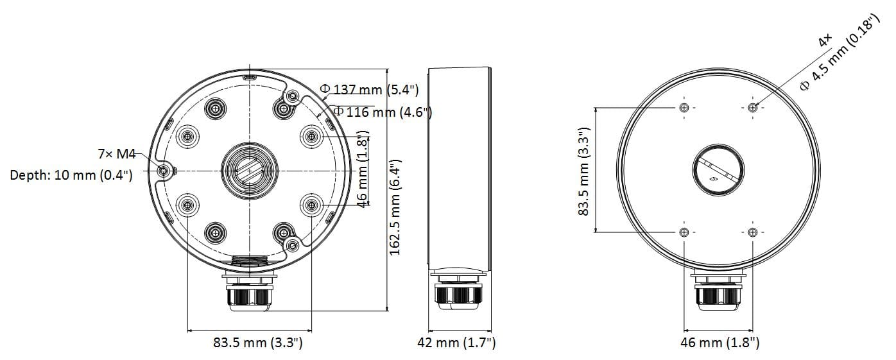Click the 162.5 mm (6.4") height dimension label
pyautogui.click(x=395, y=207)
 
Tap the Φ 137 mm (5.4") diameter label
pyautogui.click(x=370, y=89)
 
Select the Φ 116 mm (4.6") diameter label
pyautogui.click(x=383, y=112)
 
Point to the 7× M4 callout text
pyautogui.click(x=117, y=153)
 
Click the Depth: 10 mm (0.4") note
pyautogui.click(x=71, y=175)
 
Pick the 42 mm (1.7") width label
pyautogui.click(x=456, y=343)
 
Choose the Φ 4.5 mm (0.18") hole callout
pyautogui.click(x=841, y=53)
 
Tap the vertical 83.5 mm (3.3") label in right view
pyautogui.click(x=584, y=171)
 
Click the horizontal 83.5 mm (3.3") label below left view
pyautogui.click(x=257, y=343)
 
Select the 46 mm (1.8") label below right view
pyautogui.click(x=720, y=343)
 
